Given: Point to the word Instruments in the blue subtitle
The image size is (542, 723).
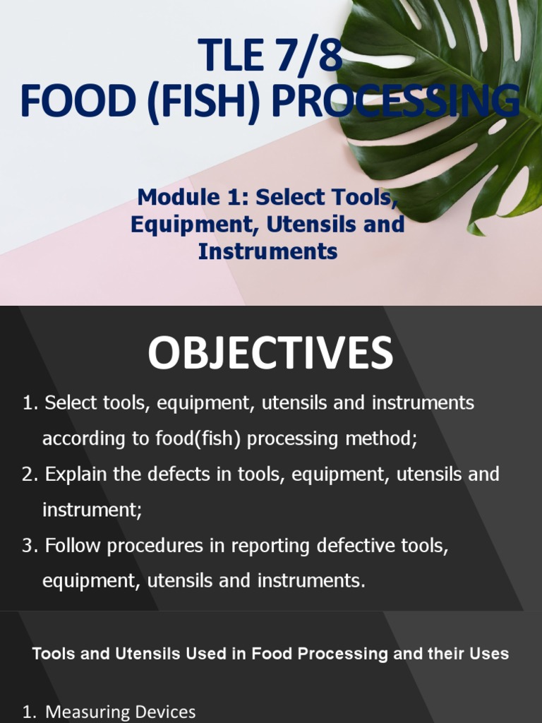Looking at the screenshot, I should click(267, 251).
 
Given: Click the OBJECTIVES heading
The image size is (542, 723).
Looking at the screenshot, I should click(270, 354).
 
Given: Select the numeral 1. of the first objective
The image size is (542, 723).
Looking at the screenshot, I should click(29, 403).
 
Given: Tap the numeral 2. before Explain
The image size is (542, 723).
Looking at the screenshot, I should click(29, 474).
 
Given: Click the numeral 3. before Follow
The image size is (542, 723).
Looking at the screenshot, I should click(29, 546).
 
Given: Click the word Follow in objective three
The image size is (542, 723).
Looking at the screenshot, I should click(71, 546).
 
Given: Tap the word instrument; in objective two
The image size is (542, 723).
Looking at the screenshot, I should click(92, 510).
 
